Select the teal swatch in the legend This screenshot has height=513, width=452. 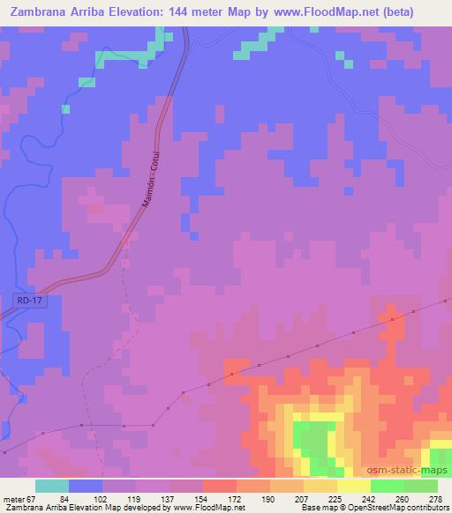coord(51,486)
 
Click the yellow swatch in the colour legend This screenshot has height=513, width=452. coord(353,486)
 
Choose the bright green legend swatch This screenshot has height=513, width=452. coord(387,486)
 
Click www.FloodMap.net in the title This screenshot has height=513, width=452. coord(328,11)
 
